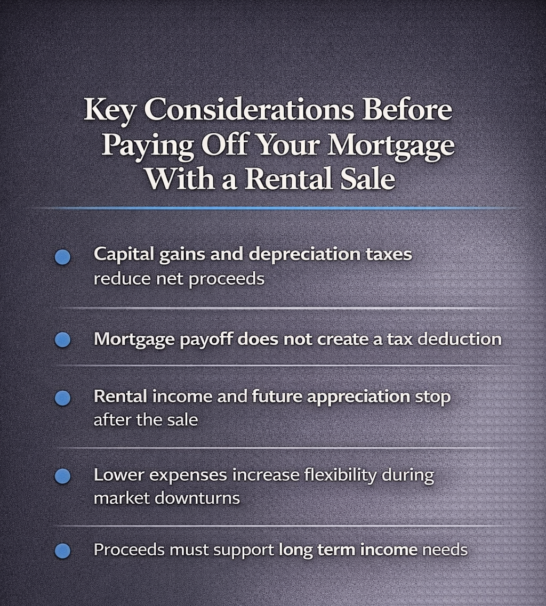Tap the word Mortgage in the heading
391,145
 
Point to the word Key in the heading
110,110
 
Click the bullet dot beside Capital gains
62,257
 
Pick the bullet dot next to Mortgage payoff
62,340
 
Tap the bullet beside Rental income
62,398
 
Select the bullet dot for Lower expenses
62,476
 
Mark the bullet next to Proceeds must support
62,551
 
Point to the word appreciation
362,397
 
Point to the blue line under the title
273,207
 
